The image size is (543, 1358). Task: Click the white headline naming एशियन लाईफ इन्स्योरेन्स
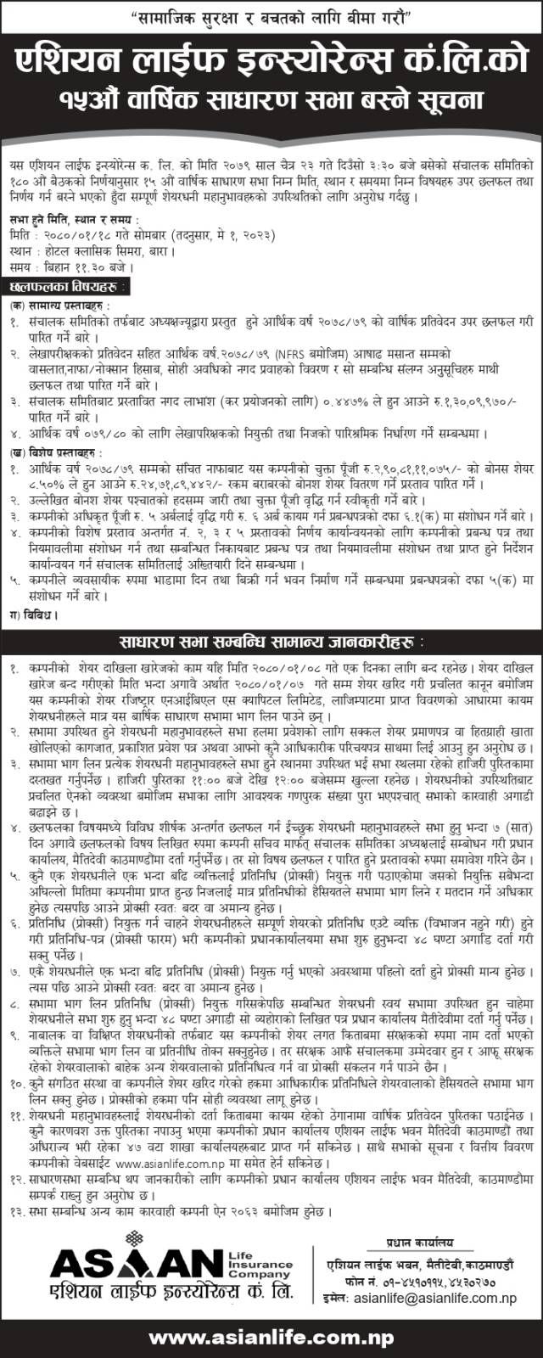pyautogui.click(x=271, y=63)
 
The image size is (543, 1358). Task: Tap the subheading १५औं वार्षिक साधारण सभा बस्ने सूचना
pyautogui.click(x=271, y=98)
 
